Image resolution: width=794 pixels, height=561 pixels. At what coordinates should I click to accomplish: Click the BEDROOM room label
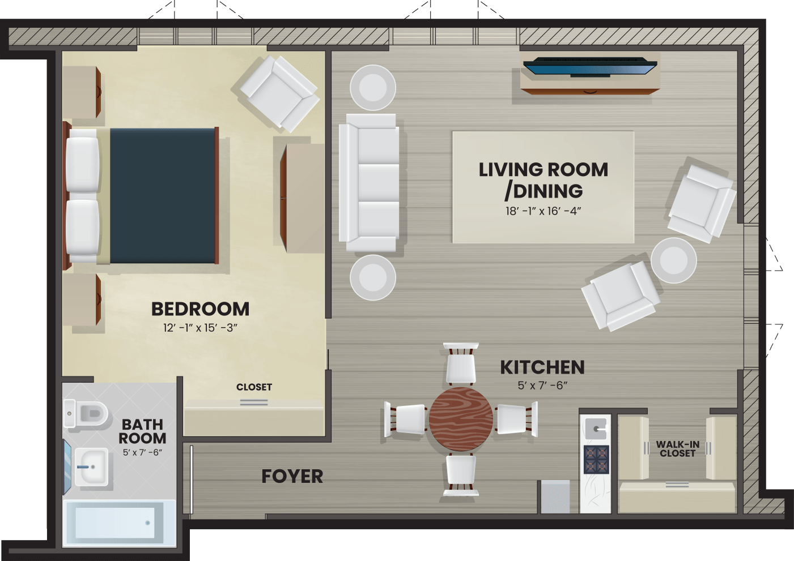click(200, 309)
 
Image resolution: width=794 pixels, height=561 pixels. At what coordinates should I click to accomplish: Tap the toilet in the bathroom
click(86, 413)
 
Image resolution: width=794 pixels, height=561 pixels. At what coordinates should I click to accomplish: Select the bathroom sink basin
click(91, 467)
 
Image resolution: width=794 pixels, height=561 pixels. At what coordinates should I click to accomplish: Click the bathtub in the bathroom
click(119, 523)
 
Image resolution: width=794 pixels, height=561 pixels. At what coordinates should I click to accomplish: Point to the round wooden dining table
click(460, 419)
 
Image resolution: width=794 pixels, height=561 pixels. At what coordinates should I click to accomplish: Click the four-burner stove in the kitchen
click(597, 459)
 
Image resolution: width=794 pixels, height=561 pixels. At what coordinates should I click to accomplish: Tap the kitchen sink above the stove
click(596, 429)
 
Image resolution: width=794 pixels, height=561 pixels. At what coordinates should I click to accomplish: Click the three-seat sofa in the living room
click(369, 183)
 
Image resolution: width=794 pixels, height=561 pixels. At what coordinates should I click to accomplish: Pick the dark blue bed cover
click(163, 196)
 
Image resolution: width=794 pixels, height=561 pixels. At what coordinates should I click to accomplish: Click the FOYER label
click(292, 476)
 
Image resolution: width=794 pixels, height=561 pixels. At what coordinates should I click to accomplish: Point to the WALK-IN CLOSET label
click(678, 449)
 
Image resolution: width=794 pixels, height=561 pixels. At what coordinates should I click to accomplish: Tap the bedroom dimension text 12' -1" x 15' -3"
click(200, 328)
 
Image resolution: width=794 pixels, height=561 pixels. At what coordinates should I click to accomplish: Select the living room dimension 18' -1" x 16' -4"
click(543, 211)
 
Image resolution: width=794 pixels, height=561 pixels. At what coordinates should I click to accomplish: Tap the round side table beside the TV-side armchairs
click(674, 260)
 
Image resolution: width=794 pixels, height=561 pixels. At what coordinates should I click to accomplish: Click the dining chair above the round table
click(460, 364)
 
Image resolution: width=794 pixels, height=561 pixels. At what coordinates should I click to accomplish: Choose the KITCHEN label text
click(542, 367)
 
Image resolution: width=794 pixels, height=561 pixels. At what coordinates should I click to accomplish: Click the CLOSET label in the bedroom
click(254, 387)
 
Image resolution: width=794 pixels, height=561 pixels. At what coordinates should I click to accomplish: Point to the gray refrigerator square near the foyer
click(555, 496)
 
